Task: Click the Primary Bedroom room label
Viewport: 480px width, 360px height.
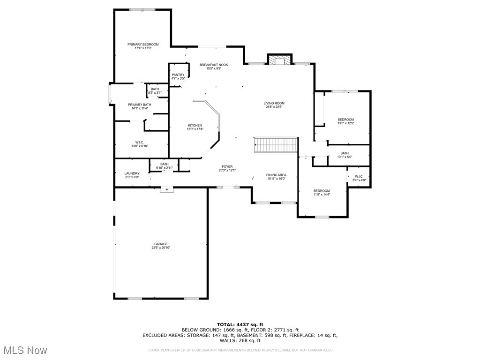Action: pyautogui.click(x=143, y=45)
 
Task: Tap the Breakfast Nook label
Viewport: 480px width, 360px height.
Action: pyautogui.click(x=214, y=65)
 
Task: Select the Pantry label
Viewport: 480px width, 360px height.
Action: pyautogui.click(x=178, y=75)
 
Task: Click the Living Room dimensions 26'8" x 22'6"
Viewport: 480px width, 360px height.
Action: pyautogui.click(x=274, y=107)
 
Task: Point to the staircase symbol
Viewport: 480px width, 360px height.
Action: pyautogui.click(x=276, y=145)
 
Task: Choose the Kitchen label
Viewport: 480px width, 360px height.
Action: pyautogui.click(x=195, y=126)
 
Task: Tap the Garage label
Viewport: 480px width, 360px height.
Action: pyautogui.click(x=161, y=244)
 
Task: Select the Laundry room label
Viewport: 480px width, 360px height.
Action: pyautogui.click(x=132, y=173)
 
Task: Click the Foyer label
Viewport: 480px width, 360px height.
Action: pyautogui.click(x=227, y=166)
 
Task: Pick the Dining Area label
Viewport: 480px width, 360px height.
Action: pyautogui.click(x=277, y=175)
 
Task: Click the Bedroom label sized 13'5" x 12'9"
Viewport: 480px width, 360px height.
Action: pyautogui.click(x=346, y=120)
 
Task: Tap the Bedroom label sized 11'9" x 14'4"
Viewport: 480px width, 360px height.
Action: pyautogui.click(x=322, y=191)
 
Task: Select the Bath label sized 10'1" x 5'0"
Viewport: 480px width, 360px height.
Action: pyautogui.click(x=345, y=153)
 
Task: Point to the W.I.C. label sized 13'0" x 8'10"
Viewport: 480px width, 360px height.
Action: pyautogui.click(x=139, y=142)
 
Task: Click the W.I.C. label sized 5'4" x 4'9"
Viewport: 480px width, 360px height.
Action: pyautogui.click(x=359, y=176)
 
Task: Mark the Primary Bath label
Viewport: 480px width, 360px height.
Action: pyautogui.click(x=140, y=105)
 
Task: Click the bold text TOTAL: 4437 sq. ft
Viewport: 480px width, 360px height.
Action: pyautogui.click(x=240, y=324)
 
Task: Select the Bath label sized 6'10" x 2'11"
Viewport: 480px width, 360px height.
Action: pyautogui.click(x=164, y=164)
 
